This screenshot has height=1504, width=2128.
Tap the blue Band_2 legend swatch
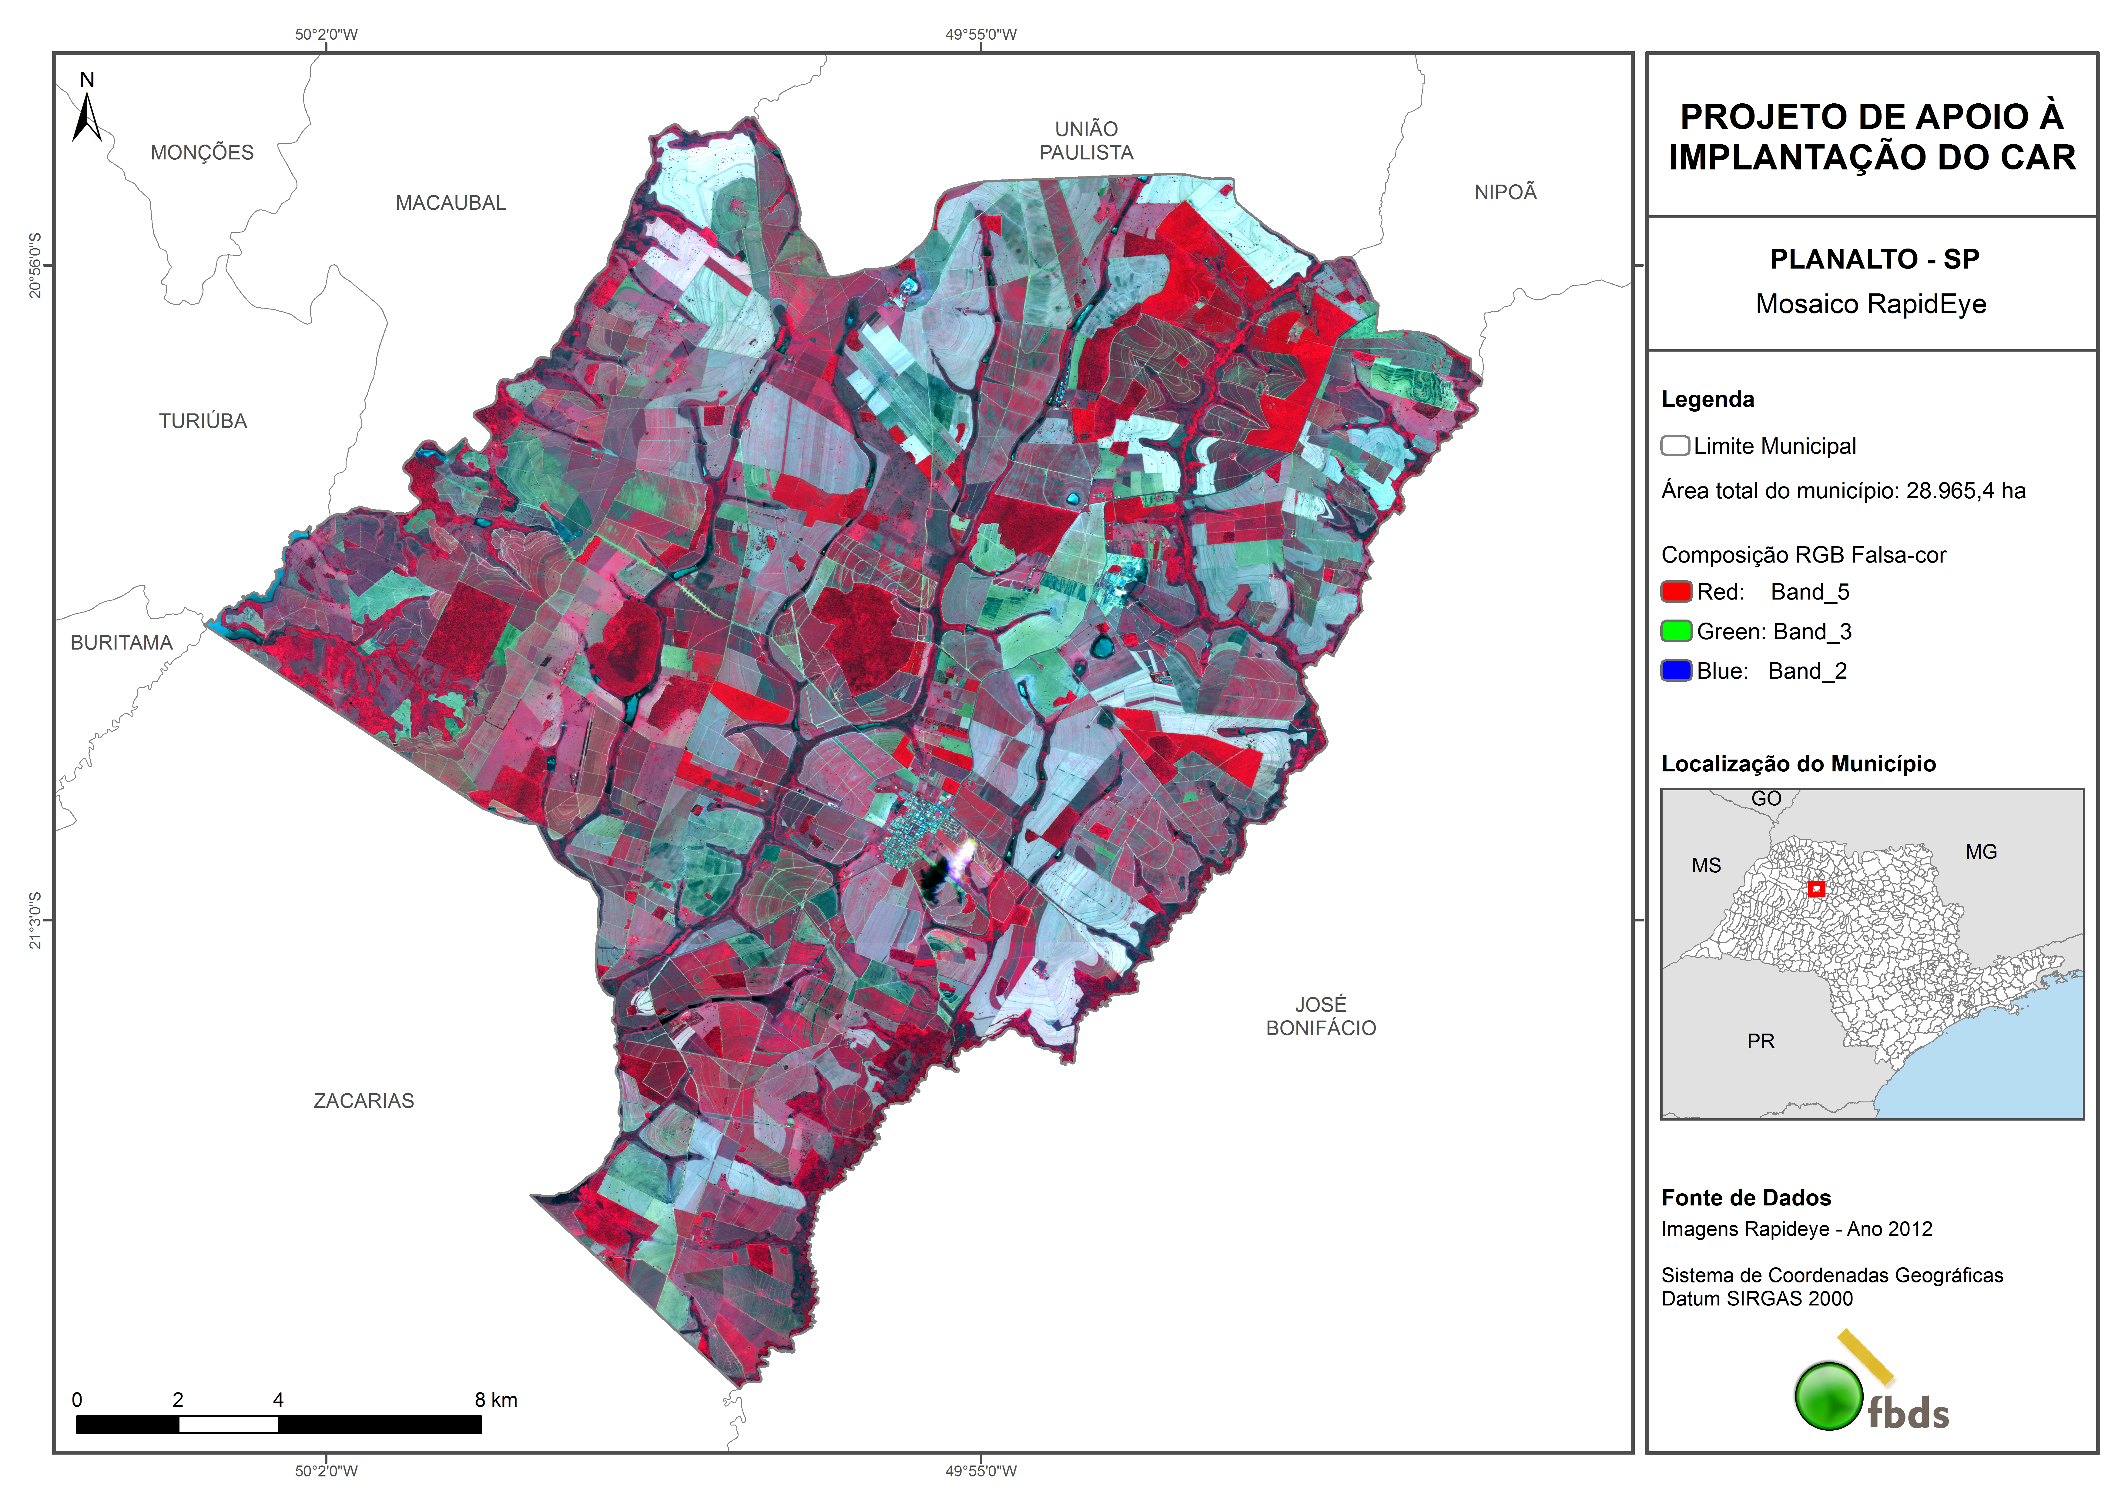[1676, 671]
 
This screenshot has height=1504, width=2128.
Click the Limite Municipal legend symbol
[1675, 446]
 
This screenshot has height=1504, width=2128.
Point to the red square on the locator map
[1817, 889]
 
